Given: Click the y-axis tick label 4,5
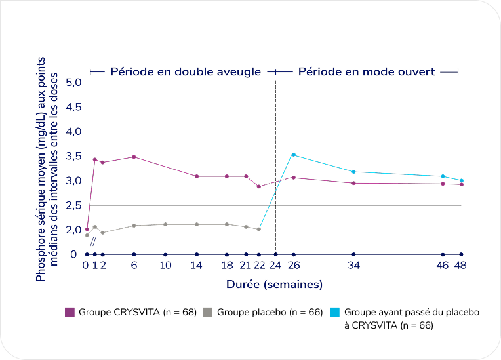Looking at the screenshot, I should (x=72, y=108).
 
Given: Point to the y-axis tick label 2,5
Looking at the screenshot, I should (x=72, y=205).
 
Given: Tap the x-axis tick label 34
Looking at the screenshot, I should (x=354, y=266).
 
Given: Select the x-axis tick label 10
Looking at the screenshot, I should (x=165, y=266).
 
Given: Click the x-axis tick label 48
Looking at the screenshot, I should (x=460, y=266).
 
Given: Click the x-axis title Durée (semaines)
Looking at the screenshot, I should (x=274, y=285).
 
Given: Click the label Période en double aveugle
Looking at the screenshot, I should (x=186, y=71).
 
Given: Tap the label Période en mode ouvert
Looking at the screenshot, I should (x=367, y=71).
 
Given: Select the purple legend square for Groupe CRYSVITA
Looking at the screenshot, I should (x=70, y=313).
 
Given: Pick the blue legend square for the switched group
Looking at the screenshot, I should (x=335, y=313).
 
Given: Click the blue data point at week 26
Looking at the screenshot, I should (x=293, y=155).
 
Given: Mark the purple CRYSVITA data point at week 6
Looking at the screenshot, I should (x=134, y=157).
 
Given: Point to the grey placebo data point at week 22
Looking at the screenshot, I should (x=259, y=229).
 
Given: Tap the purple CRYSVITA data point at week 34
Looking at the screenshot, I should (x=354, y=183).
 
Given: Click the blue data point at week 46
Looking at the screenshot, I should (x=443, y=176).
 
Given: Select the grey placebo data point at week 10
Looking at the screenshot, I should (x=165, y=224).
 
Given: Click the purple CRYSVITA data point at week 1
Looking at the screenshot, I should (x=95, y=159).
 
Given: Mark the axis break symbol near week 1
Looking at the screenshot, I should (x=93, y=242).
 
